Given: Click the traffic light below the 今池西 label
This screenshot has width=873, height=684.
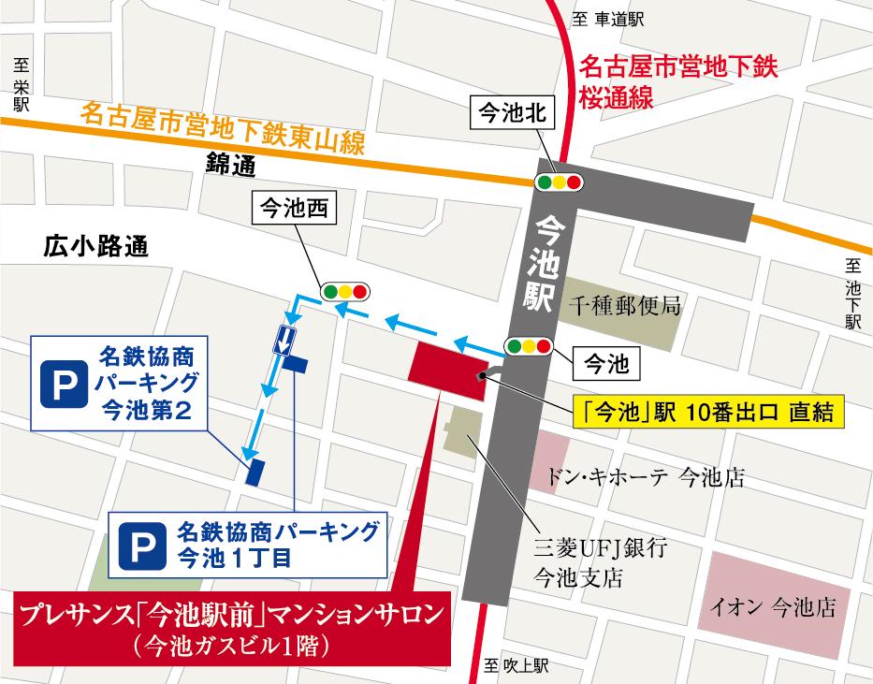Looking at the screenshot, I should click(344, 291).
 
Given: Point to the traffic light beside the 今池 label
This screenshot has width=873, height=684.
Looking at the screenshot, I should click(528, 347).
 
